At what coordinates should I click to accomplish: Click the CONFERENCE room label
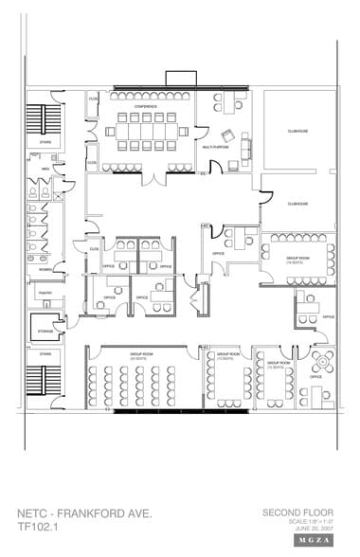144,106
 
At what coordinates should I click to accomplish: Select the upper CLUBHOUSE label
298,133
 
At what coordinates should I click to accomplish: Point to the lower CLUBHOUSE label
298,203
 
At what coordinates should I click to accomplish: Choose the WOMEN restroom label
45,269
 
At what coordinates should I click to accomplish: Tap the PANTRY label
45,294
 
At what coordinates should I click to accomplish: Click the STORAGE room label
45,331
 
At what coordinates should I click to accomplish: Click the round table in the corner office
321,361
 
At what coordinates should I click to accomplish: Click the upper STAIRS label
45,143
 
